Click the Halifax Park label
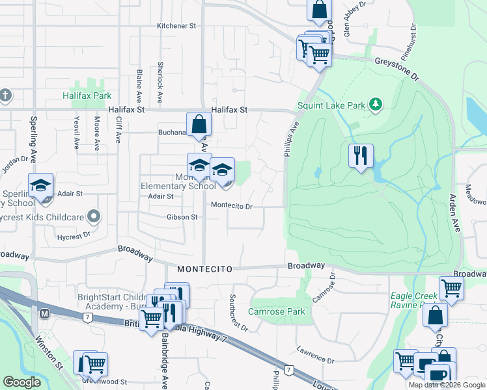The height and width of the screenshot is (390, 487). pos(87,96)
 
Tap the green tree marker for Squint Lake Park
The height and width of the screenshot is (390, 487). pos(375,104)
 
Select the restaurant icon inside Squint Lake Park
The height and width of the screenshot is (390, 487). pos(360,156)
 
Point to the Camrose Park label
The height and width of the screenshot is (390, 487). pos(277,311)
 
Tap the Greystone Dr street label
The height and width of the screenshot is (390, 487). pos(397,68)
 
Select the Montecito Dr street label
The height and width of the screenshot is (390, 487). pos(231,205)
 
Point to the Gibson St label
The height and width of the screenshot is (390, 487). pos(182,217)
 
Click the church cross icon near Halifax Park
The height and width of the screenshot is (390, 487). pos(5,96)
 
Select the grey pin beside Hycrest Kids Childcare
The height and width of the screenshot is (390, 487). pos(94,215)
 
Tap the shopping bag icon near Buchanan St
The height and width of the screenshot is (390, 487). pos(199,123)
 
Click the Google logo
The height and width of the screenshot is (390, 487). pos(21,382)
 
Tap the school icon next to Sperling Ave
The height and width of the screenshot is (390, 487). pos(40,186)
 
